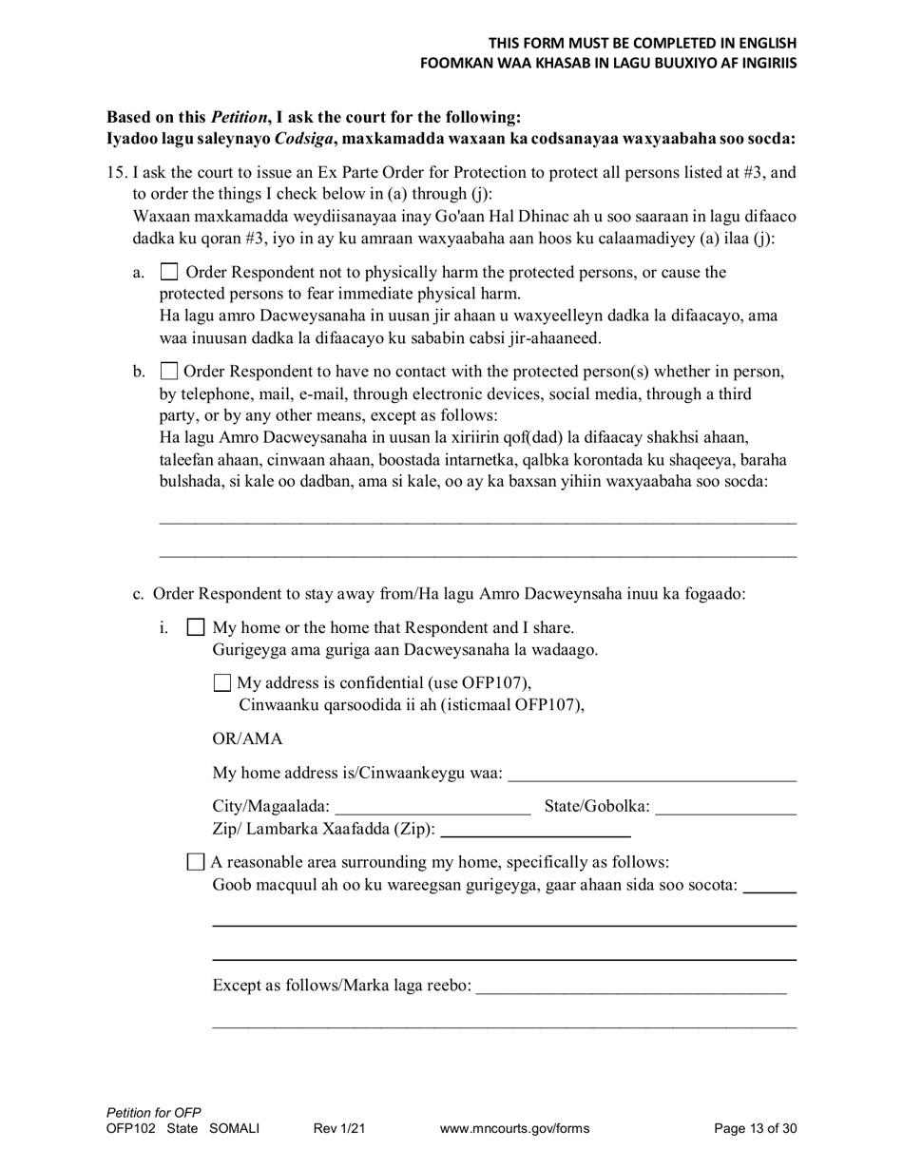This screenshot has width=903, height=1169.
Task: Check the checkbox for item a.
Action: coord(169,272)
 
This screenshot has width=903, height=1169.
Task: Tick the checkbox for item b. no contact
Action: coord(169,371)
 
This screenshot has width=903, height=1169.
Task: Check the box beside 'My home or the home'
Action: coord(196,627)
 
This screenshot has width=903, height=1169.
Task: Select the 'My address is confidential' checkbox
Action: coord(222,682)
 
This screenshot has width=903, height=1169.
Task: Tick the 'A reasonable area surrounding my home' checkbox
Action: coord(196,862)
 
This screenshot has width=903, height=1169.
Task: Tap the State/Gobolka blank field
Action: coord(725,810)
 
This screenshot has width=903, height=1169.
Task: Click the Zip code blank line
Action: coord(536,832)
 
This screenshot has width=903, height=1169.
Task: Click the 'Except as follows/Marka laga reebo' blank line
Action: coord(630,988)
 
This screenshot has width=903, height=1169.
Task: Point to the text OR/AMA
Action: coord(247,738)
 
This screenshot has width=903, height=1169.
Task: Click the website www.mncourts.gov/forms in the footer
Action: coord(514,1129)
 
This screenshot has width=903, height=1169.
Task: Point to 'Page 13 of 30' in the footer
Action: coord(755,1129)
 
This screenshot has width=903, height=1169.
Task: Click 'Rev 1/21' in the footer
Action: coord(339,1129)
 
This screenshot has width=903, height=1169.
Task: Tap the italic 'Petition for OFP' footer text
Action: coord(154,1113)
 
